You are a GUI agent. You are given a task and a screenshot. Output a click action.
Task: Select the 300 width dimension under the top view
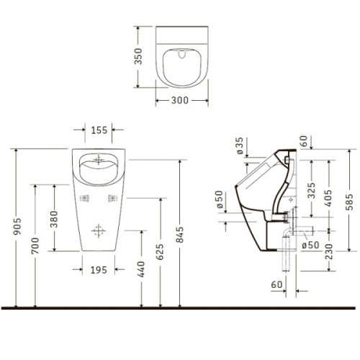pyautogui.click(x=180, y=101)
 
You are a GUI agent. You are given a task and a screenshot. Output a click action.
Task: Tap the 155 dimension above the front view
pyautogui.click(x=99, y=131)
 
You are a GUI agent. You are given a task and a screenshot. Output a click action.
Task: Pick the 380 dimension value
pyautogui.click(x=54, y=217)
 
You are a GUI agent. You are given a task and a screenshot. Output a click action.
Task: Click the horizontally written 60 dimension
pyautogui.click(x=277, y=284)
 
